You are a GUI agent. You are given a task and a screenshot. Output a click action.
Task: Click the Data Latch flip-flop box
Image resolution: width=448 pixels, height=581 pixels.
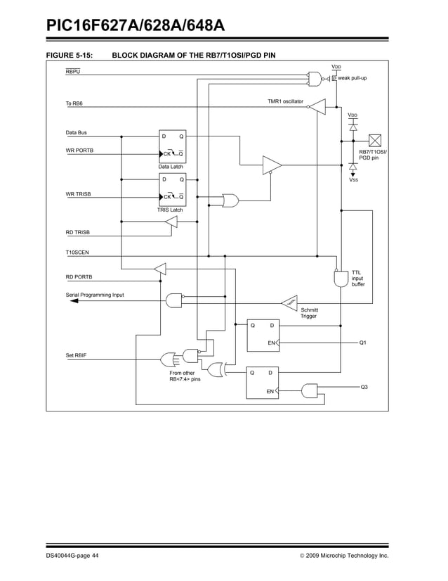172,146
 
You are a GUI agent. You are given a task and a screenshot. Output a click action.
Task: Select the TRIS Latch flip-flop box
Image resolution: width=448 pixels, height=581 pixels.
172,190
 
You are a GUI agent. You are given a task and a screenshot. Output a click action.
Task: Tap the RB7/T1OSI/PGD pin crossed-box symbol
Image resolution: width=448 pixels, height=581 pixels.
374,140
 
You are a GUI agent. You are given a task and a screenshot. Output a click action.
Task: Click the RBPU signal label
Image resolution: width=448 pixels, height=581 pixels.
73,72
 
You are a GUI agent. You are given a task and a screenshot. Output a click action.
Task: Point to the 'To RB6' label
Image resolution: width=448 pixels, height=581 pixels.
74,105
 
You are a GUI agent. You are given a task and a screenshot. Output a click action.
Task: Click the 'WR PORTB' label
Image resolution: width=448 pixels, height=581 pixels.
79,151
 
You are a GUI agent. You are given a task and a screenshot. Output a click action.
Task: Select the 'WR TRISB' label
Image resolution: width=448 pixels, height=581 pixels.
79,194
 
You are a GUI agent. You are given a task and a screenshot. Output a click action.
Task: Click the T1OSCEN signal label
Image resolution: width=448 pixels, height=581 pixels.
79,252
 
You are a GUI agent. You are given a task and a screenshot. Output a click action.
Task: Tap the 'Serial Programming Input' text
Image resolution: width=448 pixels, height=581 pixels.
95,295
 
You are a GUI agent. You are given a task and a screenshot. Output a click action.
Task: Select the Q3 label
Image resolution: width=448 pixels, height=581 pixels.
364,388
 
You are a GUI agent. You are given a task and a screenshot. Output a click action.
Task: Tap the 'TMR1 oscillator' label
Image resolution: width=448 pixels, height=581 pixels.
285,102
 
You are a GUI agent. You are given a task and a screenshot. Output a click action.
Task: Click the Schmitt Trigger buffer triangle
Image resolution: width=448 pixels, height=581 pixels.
289,302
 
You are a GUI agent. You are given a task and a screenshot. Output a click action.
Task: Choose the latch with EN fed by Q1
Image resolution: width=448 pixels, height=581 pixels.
263,334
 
